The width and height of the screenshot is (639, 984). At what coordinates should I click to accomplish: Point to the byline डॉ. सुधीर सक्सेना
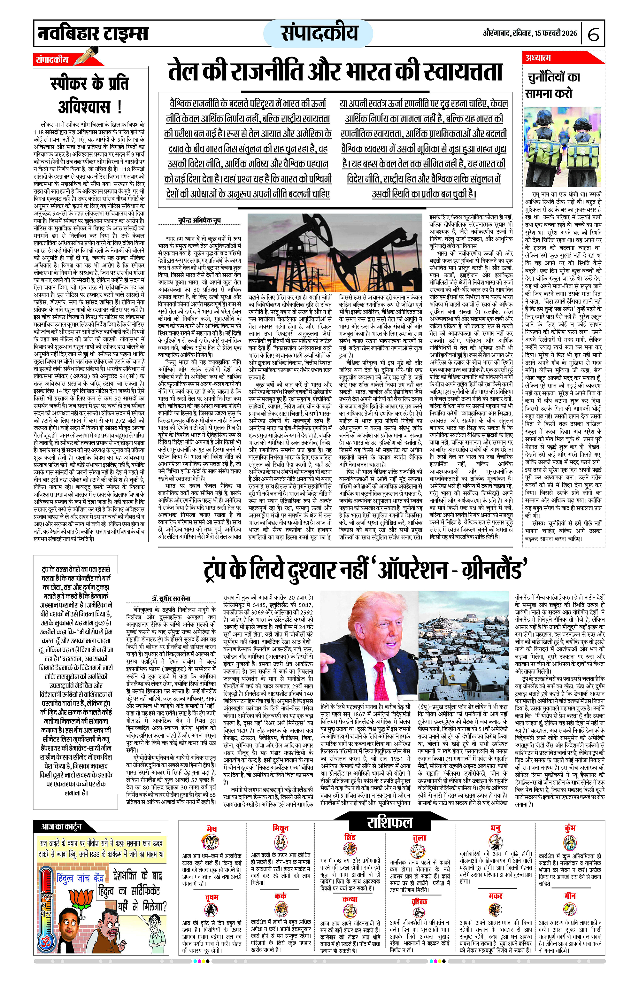click(x=170, y=598)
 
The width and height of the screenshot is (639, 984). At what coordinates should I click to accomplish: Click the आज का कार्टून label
click(x=61, y=826)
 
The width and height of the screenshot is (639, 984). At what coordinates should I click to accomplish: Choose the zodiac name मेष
click(x=211, y=829)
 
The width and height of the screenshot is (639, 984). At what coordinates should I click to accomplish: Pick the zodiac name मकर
click(x=495, y=895)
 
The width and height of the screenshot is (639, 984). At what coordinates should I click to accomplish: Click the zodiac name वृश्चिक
click(x=419, y=901)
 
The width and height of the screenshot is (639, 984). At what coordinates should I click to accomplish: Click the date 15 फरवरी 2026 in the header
click(x=556, y=33)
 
